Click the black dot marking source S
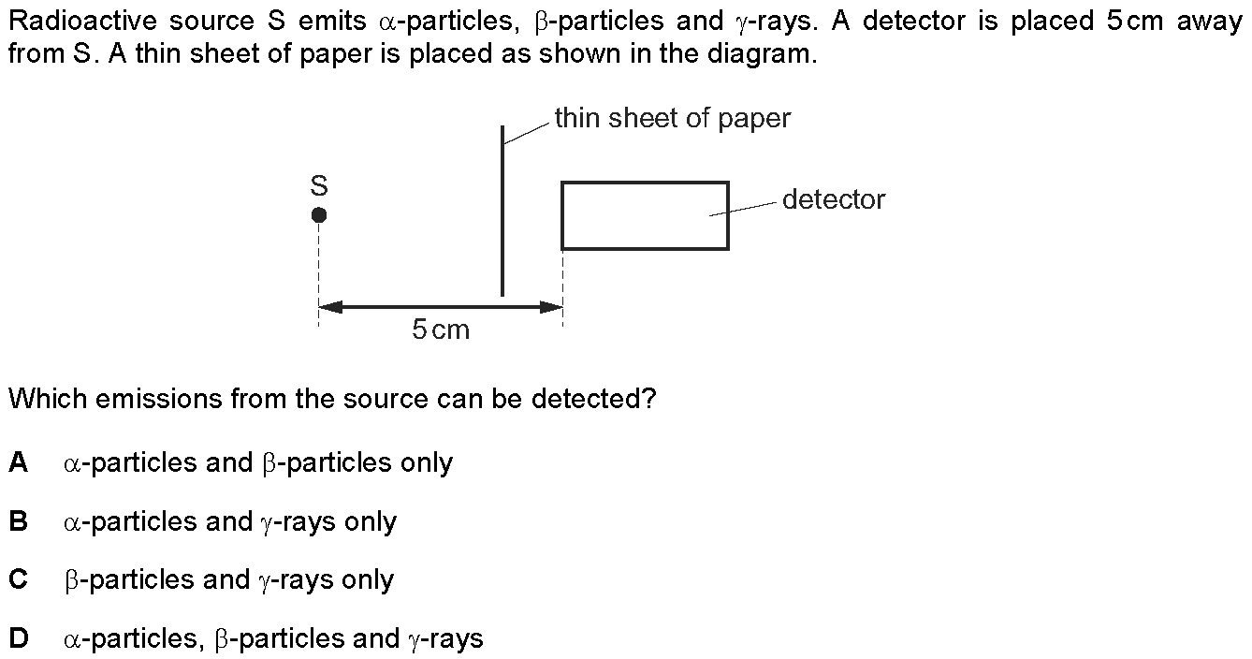coord(318,214)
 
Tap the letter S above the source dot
coord(318,185)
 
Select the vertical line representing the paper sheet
coord(502,211)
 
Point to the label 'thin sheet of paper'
coord(673,119)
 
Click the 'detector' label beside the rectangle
coord(834,199)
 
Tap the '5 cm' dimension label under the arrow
coord(441,329)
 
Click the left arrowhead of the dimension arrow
coord(330,307)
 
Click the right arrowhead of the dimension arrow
coord(551,307)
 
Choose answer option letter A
coord(19,462)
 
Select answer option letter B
coord(19,521)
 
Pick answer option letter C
coord(19,579)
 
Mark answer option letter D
coord(19,638)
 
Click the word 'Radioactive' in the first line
coord(83,22)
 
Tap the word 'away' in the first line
coord(1210,22)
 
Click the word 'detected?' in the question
coord(593,399)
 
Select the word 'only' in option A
coord(427,463)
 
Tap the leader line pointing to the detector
coord(743,209)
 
